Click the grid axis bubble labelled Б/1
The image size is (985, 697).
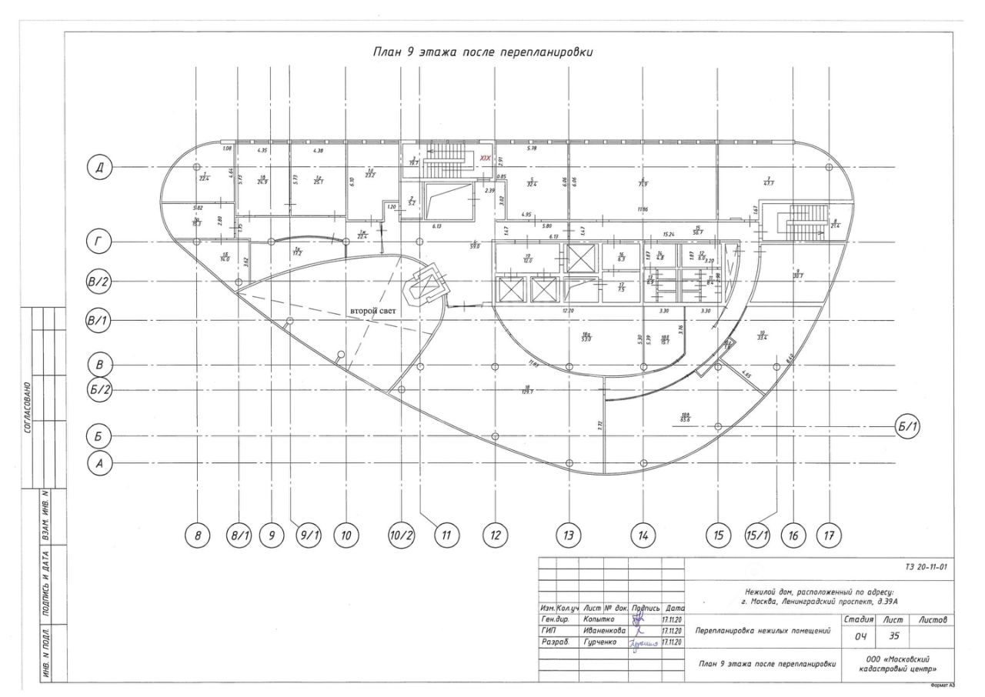910,425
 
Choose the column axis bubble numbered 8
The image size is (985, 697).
199,536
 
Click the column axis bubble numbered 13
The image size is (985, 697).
569,536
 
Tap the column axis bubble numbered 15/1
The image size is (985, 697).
757,536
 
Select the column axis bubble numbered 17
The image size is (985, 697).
830,536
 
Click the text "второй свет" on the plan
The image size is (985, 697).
373,312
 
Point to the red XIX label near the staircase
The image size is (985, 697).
485,158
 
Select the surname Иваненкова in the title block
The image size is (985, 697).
604,631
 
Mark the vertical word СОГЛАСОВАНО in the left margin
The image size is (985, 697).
28,408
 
